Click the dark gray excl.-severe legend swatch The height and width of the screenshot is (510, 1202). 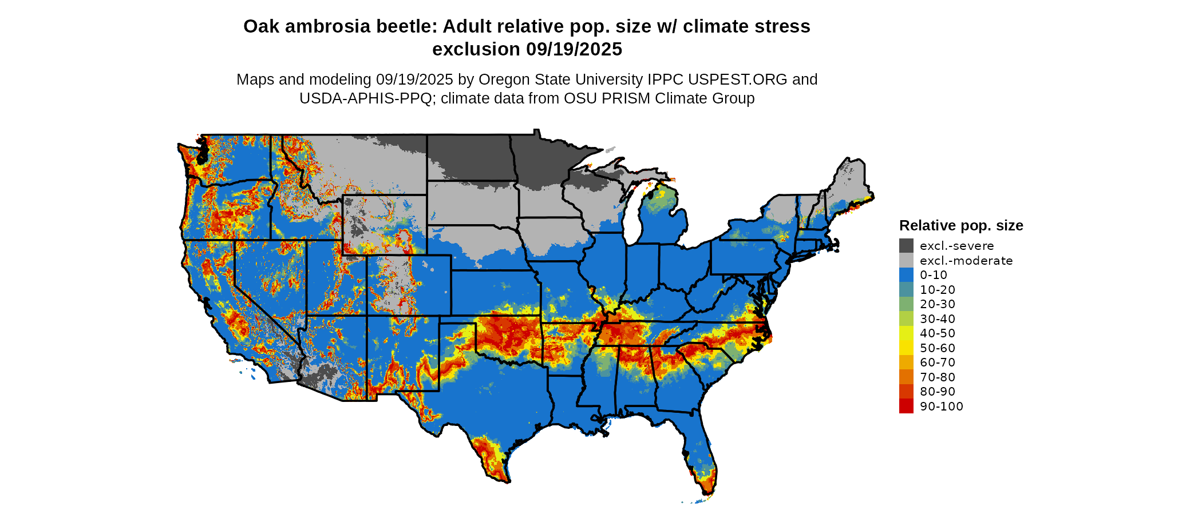[x=906, y=246]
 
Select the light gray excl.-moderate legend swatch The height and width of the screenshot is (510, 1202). [x=906, y=260]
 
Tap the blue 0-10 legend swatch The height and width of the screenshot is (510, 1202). [x=906, y=275]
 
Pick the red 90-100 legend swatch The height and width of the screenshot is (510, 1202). [x=906, y=406]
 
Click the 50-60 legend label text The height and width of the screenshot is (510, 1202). [x=938, y=348]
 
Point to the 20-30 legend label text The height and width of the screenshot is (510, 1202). [x=938, y=304]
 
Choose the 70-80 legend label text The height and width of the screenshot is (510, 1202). [x=938, y=377]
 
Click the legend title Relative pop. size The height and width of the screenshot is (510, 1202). [x=961, y=225]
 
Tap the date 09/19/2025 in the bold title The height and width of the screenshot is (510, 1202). [x=574, y=49]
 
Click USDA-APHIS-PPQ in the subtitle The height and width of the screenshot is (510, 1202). [x=366, y=98]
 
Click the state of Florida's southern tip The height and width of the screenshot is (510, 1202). [x=707, y=486]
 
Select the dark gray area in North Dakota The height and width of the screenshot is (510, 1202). [x=469, y=157]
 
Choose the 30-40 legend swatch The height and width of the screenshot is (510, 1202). [x=906, y=318]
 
